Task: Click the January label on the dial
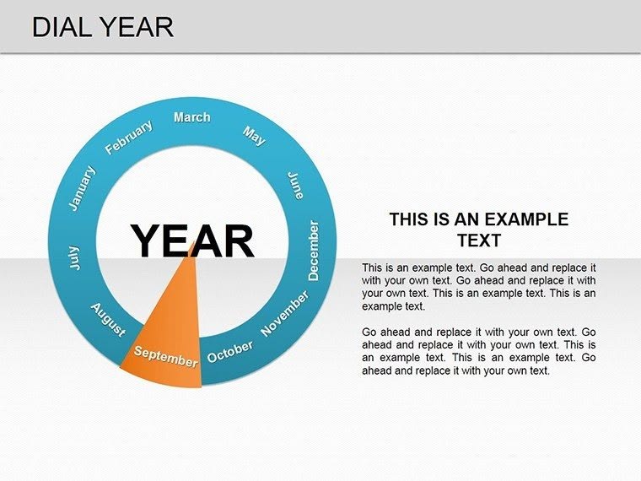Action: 82,188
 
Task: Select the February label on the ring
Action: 129,138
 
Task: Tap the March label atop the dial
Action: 192,117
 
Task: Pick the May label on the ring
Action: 254,135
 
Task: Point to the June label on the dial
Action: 295,186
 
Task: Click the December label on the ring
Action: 314,251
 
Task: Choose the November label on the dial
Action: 285,314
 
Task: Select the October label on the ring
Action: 230,350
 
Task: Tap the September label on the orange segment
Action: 166,356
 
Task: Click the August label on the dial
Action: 108,320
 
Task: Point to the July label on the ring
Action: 74,258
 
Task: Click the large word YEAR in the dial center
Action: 192,241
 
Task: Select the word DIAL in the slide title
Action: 62,27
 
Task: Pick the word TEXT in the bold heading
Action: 479,240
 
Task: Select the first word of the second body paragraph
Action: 370,332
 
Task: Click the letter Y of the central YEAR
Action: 147,241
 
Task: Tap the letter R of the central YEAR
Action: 237,241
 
